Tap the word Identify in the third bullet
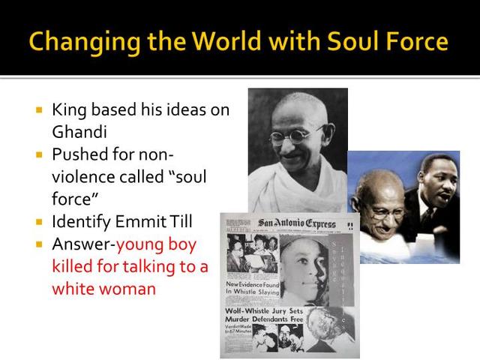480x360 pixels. [x=81, y=222]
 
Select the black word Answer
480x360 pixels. [x=82, y=244]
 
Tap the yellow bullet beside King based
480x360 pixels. [x=40, y=109]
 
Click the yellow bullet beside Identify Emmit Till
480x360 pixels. [x=40, y=222]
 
